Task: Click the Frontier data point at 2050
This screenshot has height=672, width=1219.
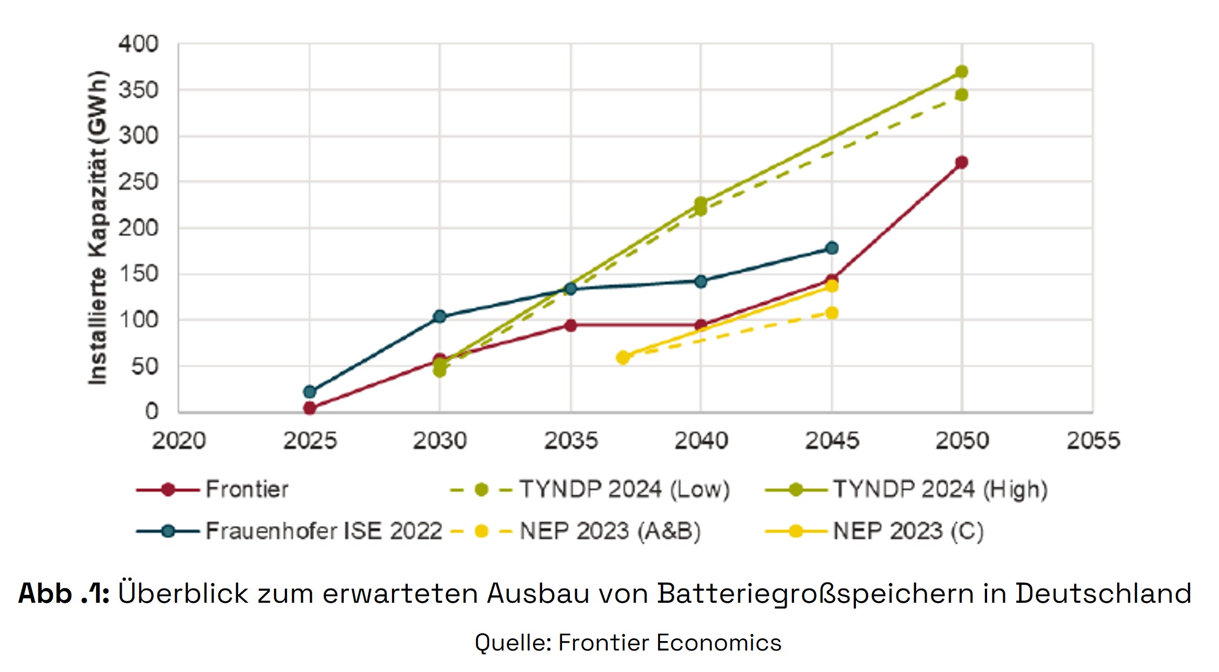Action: coord(961,163)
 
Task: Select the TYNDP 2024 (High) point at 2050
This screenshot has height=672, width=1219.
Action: coord(961,71)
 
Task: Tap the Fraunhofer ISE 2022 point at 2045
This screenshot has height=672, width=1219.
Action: coord(832,248)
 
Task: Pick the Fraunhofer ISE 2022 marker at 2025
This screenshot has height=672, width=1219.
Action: coord(310,391)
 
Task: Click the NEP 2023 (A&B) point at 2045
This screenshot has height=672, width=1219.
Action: coord(832,313)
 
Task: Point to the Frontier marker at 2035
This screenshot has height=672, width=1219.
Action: coord(571,325)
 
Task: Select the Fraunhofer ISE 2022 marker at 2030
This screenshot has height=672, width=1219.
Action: coord(440,316)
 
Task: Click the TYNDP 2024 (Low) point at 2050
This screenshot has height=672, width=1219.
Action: coord(961,95)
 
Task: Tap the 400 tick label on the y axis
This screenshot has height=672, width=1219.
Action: coord(138,44)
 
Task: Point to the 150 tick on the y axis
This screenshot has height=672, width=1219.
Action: coord(138,274)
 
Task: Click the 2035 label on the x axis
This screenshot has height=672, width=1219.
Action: coord(571,441)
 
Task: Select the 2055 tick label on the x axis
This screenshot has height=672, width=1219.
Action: coord(1093,441)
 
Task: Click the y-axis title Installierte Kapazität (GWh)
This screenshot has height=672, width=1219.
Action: coord(98,228)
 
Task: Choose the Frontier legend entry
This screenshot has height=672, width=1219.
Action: coord(247,489)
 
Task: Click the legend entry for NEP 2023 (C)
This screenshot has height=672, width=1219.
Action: coord(908,531)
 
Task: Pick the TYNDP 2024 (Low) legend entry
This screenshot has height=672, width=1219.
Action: coord(624,489)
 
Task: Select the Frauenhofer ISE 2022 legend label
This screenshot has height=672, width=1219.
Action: coord(324,531)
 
